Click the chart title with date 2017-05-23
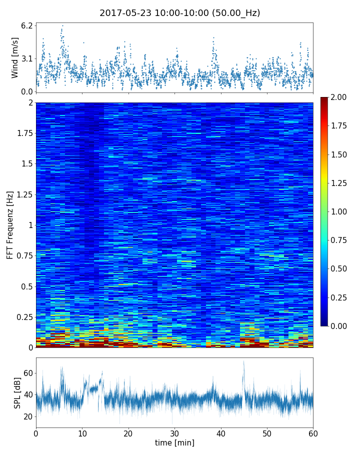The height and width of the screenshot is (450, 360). pos(180,13)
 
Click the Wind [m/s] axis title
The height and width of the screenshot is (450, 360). pos(15,57)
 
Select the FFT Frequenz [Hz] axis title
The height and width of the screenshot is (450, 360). pos(10,224)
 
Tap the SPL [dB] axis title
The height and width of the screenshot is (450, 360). pos(17,392)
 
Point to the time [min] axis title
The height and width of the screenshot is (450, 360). pos(174,442)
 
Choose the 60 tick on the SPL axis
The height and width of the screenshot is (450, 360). pos(28,372)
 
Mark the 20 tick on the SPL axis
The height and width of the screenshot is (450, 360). pos(28,416)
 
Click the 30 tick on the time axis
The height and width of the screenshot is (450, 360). pos(174,433)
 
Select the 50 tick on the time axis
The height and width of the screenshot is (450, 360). pos(267,433)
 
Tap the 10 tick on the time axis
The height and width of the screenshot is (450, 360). pos(82,433)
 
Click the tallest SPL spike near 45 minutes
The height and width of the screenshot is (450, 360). pos(243,362)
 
